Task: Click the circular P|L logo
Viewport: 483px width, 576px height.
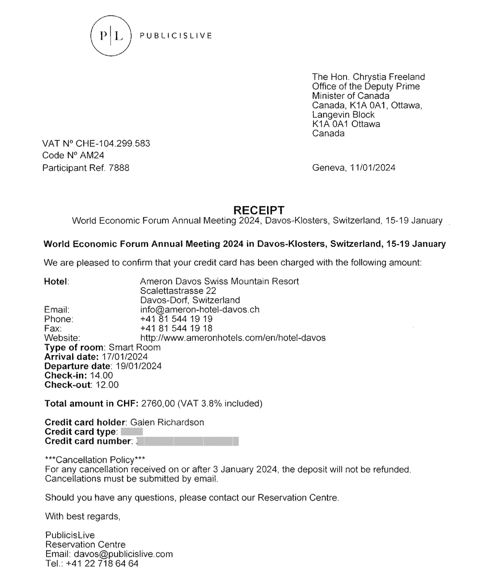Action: [110, 36]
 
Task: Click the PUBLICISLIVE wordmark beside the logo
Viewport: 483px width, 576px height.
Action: [176, 36]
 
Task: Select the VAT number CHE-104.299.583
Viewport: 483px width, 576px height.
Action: [113, 144]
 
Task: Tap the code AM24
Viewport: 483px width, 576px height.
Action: [92, 156]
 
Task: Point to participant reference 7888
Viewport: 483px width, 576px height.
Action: [119, 168]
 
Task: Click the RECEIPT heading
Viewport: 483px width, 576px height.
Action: [258, 210]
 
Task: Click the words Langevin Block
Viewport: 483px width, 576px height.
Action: [343, 114]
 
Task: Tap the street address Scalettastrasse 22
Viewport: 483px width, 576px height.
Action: [178, 291]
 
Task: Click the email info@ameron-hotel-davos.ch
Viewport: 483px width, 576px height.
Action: [199, 309]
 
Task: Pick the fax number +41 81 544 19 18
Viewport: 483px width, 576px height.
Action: [176, 328]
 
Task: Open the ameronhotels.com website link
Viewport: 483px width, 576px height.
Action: [233, 338]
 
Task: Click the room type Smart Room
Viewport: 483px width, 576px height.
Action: [135, 347]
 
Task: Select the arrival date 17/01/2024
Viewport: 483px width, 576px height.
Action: [124, 357]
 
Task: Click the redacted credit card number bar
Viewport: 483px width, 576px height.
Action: [188, 442]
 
